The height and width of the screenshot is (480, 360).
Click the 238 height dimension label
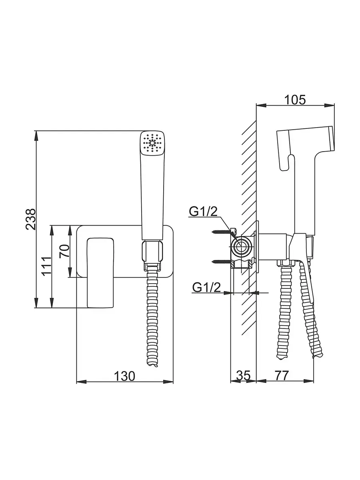point(31,219)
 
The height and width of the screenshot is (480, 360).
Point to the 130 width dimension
point(124,376)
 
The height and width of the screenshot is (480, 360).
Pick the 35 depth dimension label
point(243,376)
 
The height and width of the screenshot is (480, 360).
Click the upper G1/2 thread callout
point(203,212)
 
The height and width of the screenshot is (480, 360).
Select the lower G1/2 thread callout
point(206,287)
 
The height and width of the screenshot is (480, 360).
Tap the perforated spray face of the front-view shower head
point(152,143)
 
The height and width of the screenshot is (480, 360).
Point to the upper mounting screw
point(221,231)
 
